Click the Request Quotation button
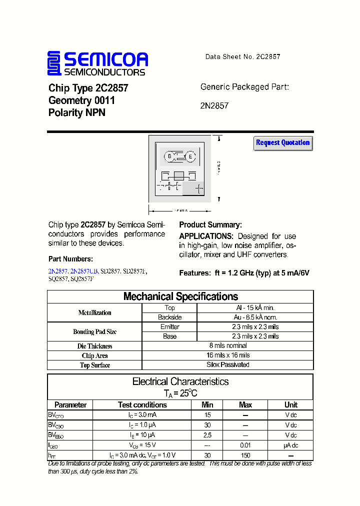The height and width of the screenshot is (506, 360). (x=283, y=143)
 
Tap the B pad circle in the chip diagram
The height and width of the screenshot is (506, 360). (x=169, y=156)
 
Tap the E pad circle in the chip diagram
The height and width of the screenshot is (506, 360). (x=190, y=156)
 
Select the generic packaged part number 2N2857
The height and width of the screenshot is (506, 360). (x=214, y=106)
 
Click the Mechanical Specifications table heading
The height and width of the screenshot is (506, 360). (x=180, y=296)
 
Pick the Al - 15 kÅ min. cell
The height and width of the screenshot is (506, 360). (x=255, y=308)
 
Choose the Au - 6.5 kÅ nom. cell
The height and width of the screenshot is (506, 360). (x=255, y=317)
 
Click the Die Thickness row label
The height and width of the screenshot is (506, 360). (x=95, y=346)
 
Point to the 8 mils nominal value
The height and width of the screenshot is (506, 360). (x=228, y=345)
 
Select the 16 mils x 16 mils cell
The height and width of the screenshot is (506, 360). (x=228, y=355)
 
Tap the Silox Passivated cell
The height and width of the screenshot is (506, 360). (x=228, y=364)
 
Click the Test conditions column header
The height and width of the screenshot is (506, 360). (x=142, y=405)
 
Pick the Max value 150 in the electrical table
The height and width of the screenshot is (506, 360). (x=245, y=455)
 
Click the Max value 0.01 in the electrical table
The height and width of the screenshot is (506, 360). (x=245, y=445)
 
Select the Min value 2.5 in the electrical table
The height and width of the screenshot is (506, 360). (x=207, y=435)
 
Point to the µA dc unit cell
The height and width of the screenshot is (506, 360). (x=290, y=445)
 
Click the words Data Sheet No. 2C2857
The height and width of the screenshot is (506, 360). (x=242, y=56)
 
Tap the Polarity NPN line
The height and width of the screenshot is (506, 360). (x=77, y=113)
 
